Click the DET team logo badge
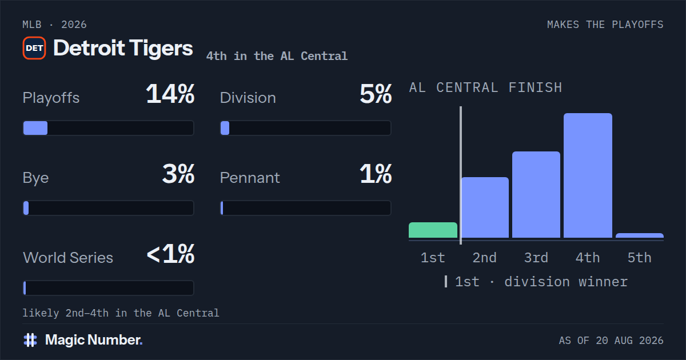click(x=34, y=48)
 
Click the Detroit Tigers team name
click(x=123, y=49)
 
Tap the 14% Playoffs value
click(x=170, y=94)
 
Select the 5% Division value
click(x=376, y=94)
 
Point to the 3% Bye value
click(x=178, y=174)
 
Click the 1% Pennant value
click(x=376, y=174)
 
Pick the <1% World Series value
click(x=170, y=254)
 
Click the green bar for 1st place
click(x=433, y=230)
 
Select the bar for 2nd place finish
click(x=485, y=207)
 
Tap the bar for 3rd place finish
click(x=536, y=195)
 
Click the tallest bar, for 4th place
click(x=588, y=175)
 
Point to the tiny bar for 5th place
click(x=640, y=235)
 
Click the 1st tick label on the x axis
click(x=433, y=258)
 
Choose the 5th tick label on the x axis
click(x=640, y=258)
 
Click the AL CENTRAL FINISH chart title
click(x=486, y=88)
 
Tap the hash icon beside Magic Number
click(x=30, y=340)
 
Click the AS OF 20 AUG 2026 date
click(x=611, y=341)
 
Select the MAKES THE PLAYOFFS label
click(x=605, y=25)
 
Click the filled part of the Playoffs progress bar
click(x=35, y=128)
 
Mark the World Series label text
click(x=68, y=258)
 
